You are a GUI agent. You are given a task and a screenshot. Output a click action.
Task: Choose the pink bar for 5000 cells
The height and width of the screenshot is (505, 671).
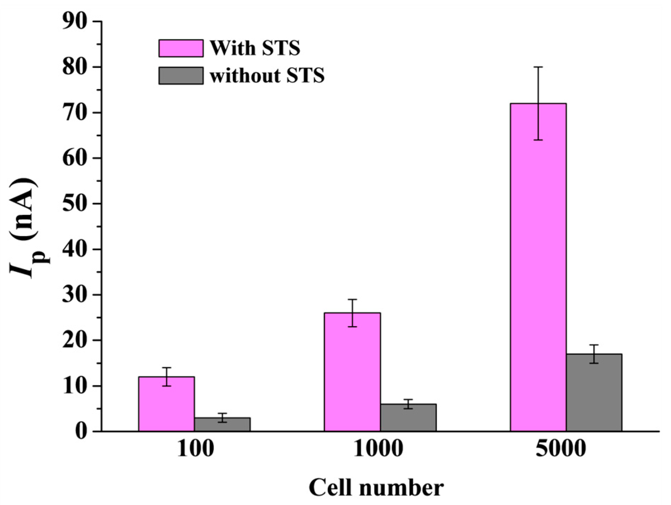point(538,267)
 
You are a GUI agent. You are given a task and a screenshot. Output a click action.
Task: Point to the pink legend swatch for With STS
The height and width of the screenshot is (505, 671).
point(181,48)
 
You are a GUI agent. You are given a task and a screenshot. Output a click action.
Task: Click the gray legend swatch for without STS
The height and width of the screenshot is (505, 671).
point(181,76)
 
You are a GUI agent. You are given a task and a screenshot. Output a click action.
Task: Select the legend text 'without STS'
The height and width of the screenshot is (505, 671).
point(267,76)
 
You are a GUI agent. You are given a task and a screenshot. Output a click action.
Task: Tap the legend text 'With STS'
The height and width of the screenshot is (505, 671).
point(255,48)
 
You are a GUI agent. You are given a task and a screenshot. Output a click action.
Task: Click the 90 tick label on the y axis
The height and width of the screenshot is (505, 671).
point(74,22)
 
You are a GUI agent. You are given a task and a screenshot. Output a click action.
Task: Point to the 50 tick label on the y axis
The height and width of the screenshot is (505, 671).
point(74,204)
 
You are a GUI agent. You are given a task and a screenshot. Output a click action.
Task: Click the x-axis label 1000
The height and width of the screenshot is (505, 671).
point(378,449)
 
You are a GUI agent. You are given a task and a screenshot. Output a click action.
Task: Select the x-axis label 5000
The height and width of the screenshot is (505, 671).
point(561,449)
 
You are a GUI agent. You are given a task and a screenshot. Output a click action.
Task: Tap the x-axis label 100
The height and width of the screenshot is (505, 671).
point(195,449)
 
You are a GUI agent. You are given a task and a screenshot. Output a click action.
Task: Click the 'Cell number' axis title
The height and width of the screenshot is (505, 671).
point(376,488)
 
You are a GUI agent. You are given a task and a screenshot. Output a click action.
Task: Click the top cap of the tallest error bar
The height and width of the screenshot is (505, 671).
point(538,67)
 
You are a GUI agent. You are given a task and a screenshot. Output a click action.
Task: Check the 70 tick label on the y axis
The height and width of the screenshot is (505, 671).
point(74,113)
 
